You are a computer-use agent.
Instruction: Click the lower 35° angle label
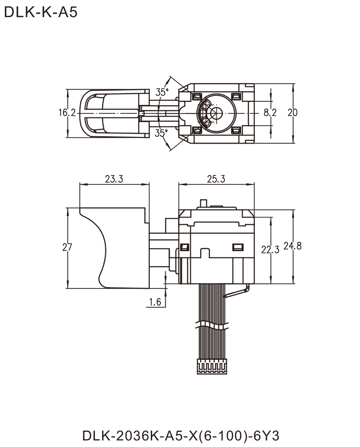coord(162,134)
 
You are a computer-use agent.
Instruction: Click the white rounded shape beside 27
coord(81,248)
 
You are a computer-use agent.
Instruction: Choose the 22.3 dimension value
coord(269,249)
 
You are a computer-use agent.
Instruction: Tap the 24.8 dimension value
coord(292,246)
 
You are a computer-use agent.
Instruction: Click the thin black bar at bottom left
coord(124,435)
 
